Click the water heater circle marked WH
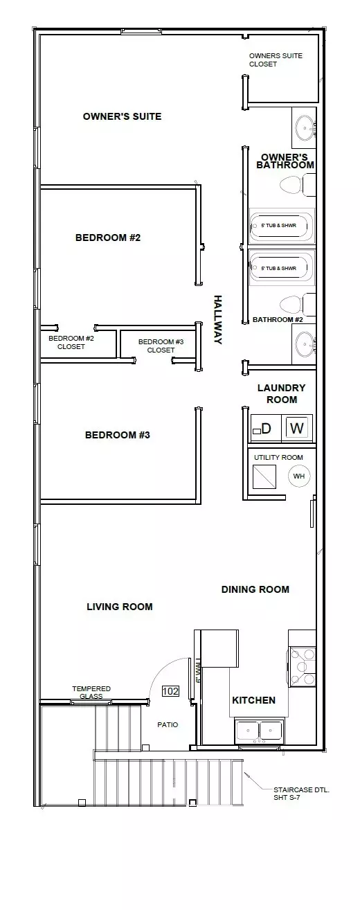click(298, 476)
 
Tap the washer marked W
click(297, 428)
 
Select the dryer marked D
click(266, 428)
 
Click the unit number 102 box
click(170, 691)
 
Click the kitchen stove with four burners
click(303, 667)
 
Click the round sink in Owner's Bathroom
click(305, 128)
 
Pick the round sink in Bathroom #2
click(305, 344)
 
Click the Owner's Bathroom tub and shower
click(282, 226)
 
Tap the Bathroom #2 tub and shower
click(282, 268)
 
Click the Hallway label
click(218, 320)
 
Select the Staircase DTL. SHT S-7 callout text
click(301, 794)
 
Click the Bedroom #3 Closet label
click(161, 346)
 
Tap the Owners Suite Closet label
click(276, 60)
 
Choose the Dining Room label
click(255, 589)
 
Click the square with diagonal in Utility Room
click(264, 476)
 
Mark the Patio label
click(168, 724)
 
